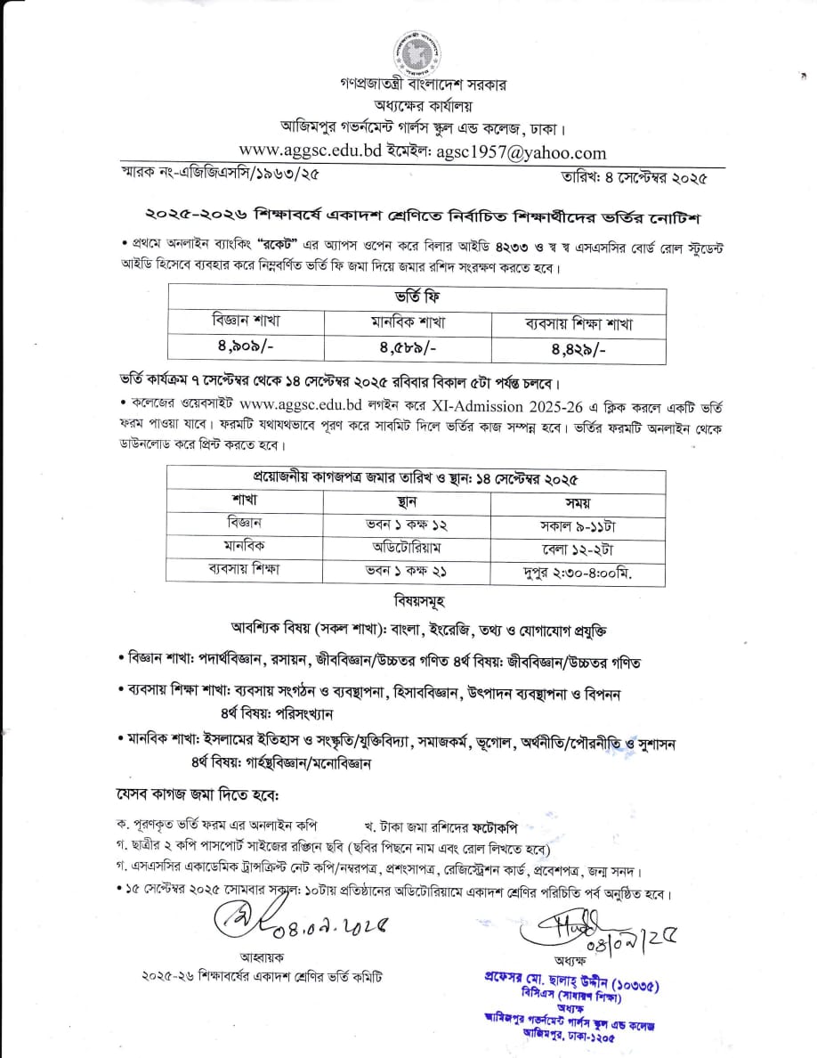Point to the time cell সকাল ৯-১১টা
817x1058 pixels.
click(578, 524)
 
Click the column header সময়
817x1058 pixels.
click(578, 501)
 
